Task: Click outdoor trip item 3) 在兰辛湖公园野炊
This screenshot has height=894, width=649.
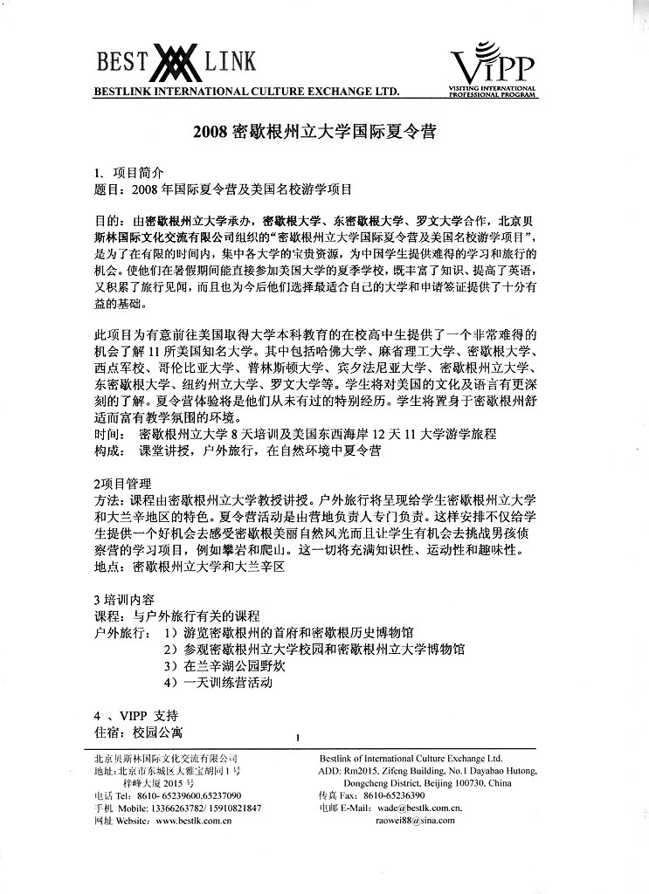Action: (225, 665)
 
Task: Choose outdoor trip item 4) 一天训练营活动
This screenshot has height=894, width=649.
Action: (218, 682)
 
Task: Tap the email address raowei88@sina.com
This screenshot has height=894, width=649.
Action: (415, 821)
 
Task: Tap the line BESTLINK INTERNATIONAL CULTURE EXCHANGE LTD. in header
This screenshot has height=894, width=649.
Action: (246, 91)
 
